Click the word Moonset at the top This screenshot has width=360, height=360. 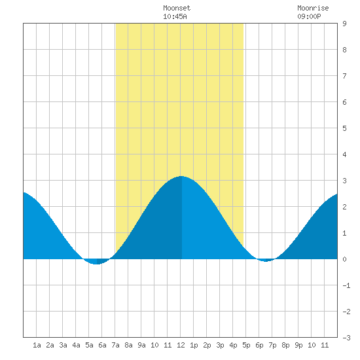[x=177, y=8]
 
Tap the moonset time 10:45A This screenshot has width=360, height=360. [x=175, y=16]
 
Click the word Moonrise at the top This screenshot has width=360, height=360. [x=313, y=8]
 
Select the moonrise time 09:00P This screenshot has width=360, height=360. [x=309, y=16]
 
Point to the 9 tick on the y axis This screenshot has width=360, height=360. [x=344, y=24]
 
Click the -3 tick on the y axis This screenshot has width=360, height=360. [x=346, y=338]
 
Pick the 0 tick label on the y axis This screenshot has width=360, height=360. [x=344, y=259]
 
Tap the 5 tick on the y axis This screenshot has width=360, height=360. [x=344, y=128]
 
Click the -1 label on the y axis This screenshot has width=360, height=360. [x=346, y=285]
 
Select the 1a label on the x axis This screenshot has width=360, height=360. [x=37, y=345]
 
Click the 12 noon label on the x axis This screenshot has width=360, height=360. [x=181, y=345]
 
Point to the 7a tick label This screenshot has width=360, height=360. [x=115, y=345]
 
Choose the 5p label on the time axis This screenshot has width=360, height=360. [x=246, y=345]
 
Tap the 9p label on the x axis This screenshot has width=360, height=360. [x=298, y=345]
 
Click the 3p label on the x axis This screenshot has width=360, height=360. [x=220, y=345]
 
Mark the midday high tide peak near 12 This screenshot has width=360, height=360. [x=181, y=176]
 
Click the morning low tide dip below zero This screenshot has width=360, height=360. [x=96, y=264]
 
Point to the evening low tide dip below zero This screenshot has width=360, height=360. [x=266, y=261]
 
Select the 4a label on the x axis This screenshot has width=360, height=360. [x=76, y=345]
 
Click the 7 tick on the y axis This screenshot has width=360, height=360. [x=344, y=76]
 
